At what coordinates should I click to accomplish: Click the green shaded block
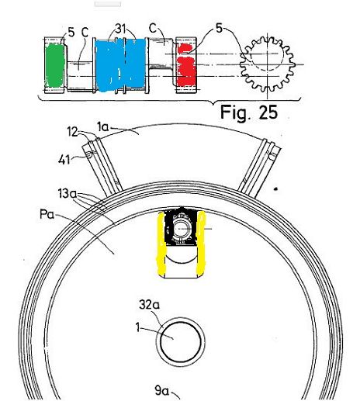tap(54, 65)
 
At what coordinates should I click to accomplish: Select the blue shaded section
tap(120, 65)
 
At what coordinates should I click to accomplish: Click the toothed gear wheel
tap(267, 64)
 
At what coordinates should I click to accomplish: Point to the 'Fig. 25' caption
tap(249, 112)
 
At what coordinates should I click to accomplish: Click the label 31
tap(121, 29)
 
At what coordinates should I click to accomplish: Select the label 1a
tap(103, 127)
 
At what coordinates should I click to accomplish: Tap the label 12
tap(72, 132)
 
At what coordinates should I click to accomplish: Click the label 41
tap(64, 160)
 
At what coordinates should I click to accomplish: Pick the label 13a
tap(67, 194)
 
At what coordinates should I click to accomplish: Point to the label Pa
tap(47, 214)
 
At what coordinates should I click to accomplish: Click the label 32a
tap(150, 305)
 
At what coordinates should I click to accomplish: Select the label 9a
tap(161, 390)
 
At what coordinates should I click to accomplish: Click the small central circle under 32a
tap(181, 341)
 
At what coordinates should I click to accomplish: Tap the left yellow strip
tap(161, 243)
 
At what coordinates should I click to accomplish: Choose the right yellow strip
tap(201, 242)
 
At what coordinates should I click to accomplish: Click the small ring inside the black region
tap(182, 229)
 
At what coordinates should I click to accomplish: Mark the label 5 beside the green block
tap(71, 33)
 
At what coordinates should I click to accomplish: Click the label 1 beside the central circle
tap(138, 328)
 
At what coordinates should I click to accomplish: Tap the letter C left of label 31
tap(85, 33)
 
